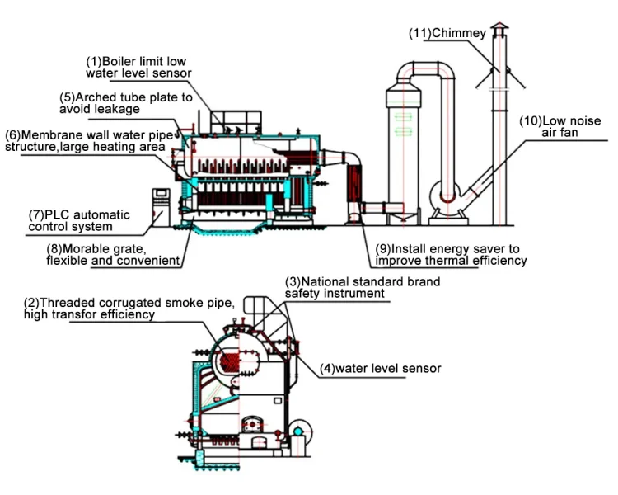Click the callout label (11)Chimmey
pyautogui.click(x=447, y=33)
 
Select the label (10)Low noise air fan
pyautogui.click(x=560, y=127)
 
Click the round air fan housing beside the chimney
pyautogui.click(x=445, y=196)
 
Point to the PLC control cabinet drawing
pyautogui.click(x=161, y=207)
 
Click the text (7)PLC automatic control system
pyautogui.click(x=79, y=221)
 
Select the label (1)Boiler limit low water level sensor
pyautogui.click(x=138, y=68)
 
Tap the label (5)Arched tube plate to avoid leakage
pyautogui.click(x=126, y=103)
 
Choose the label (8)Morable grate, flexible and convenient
pyautogui.click(x=113, y=255)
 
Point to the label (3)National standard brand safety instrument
pyautogui.click(x=363, y=288)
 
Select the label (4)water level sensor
pyautogui.click(x=381, y=368)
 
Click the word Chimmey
pyautogui.click(x=459, y=33)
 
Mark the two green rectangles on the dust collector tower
pyautogui.click(x=403, y=124)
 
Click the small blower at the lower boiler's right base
pyautogui.click(x=299, y=431)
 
